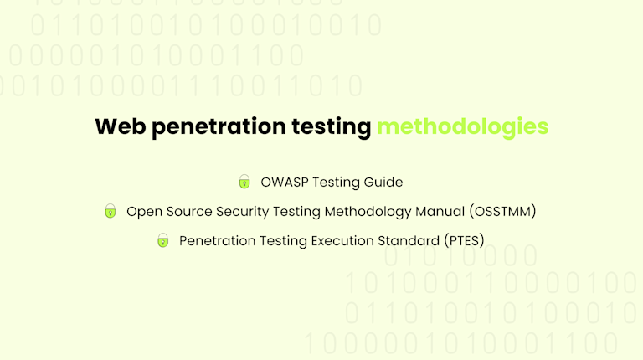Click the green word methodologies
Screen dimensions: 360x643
pos(462,127)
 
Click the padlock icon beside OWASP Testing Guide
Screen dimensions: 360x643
pos(244,182)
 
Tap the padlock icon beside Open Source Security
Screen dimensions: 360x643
pos(110,211)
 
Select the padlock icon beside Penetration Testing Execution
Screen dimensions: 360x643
pos(162,240)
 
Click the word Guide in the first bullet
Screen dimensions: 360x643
pos(384,182)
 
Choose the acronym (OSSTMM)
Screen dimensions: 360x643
pos(502,211)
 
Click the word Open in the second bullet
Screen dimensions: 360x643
pos(143,211)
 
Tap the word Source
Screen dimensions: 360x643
pos(188,211)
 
